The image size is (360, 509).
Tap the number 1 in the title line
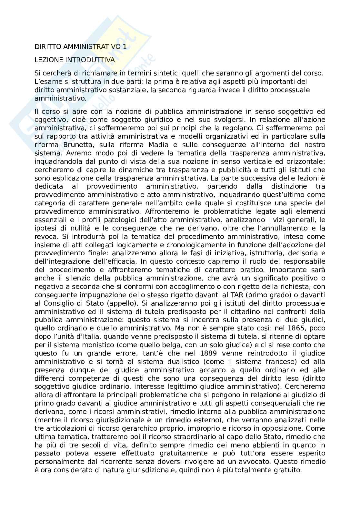pyautogui.click(x=125, y=47)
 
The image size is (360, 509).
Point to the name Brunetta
pyautogui.click(x=68, y=145)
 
